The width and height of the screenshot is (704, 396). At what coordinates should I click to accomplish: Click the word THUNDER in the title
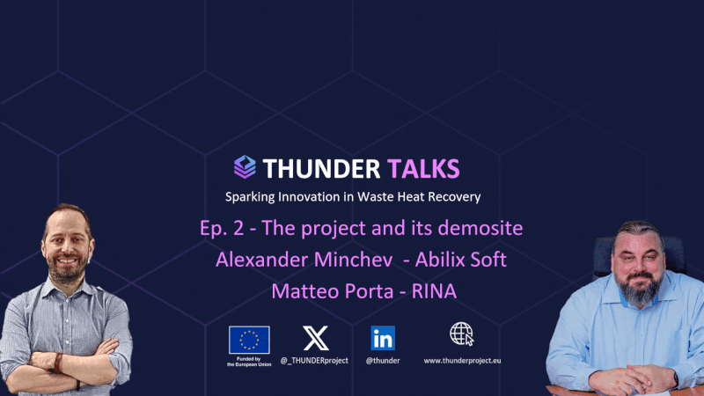[x=321, y=169]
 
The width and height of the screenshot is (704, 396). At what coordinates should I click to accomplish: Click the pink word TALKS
[x=423, y=169]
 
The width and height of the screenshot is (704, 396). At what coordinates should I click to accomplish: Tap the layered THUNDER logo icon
[x=245, y=167]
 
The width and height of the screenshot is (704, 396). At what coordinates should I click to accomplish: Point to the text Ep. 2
[x=222, y=229]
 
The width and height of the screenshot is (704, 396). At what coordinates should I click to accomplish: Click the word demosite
[x=480, y=228]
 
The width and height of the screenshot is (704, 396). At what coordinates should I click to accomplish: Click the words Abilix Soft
[x=460, y=260]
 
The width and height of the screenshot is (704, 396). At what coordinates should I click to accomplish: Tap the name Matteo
[x=300, y=291]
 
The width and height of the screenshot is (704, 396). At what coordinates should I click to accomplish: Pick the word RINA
[x=434, y=291]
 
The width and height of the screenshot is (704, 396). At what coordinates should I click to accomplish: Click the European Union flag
[x=249, y=340]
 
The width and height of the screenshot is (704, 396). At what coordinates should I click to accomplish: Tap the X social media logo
[x=316, y=338]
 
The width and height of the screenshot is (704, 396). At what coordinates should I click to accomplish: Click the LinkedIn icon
[x=383, y=338]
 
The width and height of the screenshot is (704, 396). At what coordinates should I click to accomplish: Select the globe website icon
[x=461, y=334]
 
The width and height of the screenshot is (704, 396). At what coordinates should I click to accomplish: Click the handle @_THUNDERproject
[x=314, y=361]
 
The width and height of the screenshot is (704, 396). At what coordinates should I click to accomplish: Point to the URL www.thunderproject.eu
[x=463, y=361]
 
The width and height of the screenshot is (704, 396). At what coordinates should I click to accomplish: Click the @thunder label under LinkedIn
[x=383, y=361]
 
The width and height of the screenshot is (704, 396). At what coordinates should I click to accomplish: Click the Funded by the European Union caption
[x=249, y=362]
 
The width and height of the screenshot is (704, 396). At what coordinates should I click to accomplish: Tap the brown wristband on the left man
[x=58, y=363]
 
